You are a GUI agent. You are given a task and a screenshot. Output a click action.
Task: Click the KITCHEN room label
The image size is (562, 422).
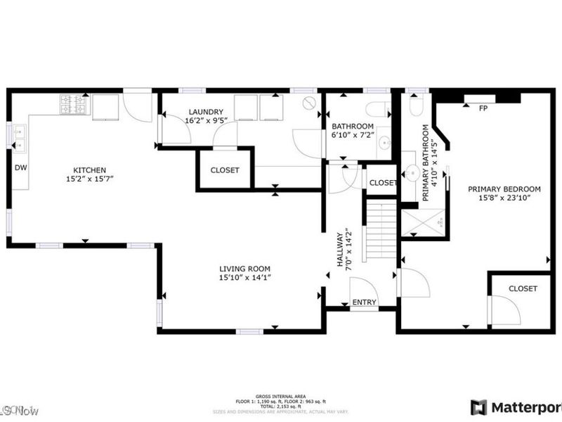click(90, 170)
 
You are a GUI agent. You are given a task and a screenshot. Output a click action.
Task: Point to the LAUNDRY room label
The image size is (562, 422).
click(205, 112)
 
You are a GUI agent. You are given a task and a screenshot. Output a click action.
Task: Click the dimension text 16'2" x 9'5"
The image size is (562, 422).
click(205, 120)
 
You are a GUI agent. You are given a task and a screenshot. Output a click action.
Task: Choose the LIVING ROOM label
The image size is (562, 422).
click(244, 269)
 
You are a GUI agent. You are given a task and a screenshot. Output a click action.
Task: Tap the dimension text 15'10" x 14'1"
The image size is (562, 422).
click(244, 278)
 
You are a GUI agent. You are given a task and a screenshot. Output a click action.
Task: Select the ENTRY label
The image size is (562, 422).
click(364, 302)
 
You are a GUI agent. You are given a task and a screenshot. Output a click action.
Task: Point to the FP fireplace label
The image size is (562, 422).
click(483, 108)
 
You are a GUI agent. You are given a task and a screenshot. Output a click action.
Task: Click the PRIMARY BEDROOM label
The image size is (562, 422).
click(504, 189)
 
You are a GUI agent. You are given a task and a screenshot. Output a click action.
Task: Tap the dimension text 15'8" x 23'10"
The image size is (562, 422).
click(504, 198)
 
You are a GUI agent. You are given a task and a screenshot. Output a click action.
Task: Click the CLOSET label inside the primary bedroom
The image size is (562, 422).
click(523, 288)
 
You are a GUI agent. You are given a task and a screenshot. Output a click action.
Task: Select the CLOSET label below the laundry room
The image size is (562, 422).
click(225, 170)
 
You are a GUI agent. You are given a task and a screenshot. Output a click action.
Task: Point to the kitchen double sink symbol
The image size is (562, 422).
click(18, 139)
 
